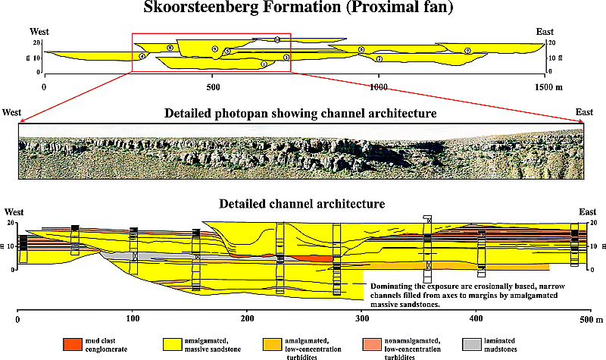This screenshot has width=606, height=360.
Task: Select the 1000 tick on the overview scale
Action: click(x=379, y=88)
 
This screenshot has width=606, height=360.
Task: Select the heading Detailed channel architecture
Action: click(x=301, y=204)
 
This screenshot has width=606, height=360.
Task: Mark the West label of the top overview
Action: click(x=40, y=32)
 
